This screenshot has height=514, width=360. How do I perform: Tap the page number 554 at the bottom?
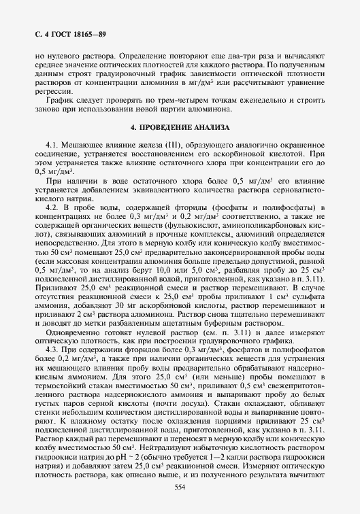(x=180, y=487)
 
